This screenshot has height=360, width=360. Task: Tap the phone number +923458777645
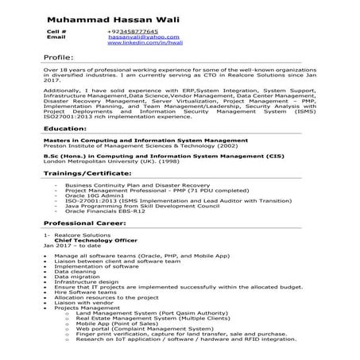[x=133, y=30]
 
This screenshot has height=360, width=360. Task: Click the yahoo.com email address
[x=133, y=37]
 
